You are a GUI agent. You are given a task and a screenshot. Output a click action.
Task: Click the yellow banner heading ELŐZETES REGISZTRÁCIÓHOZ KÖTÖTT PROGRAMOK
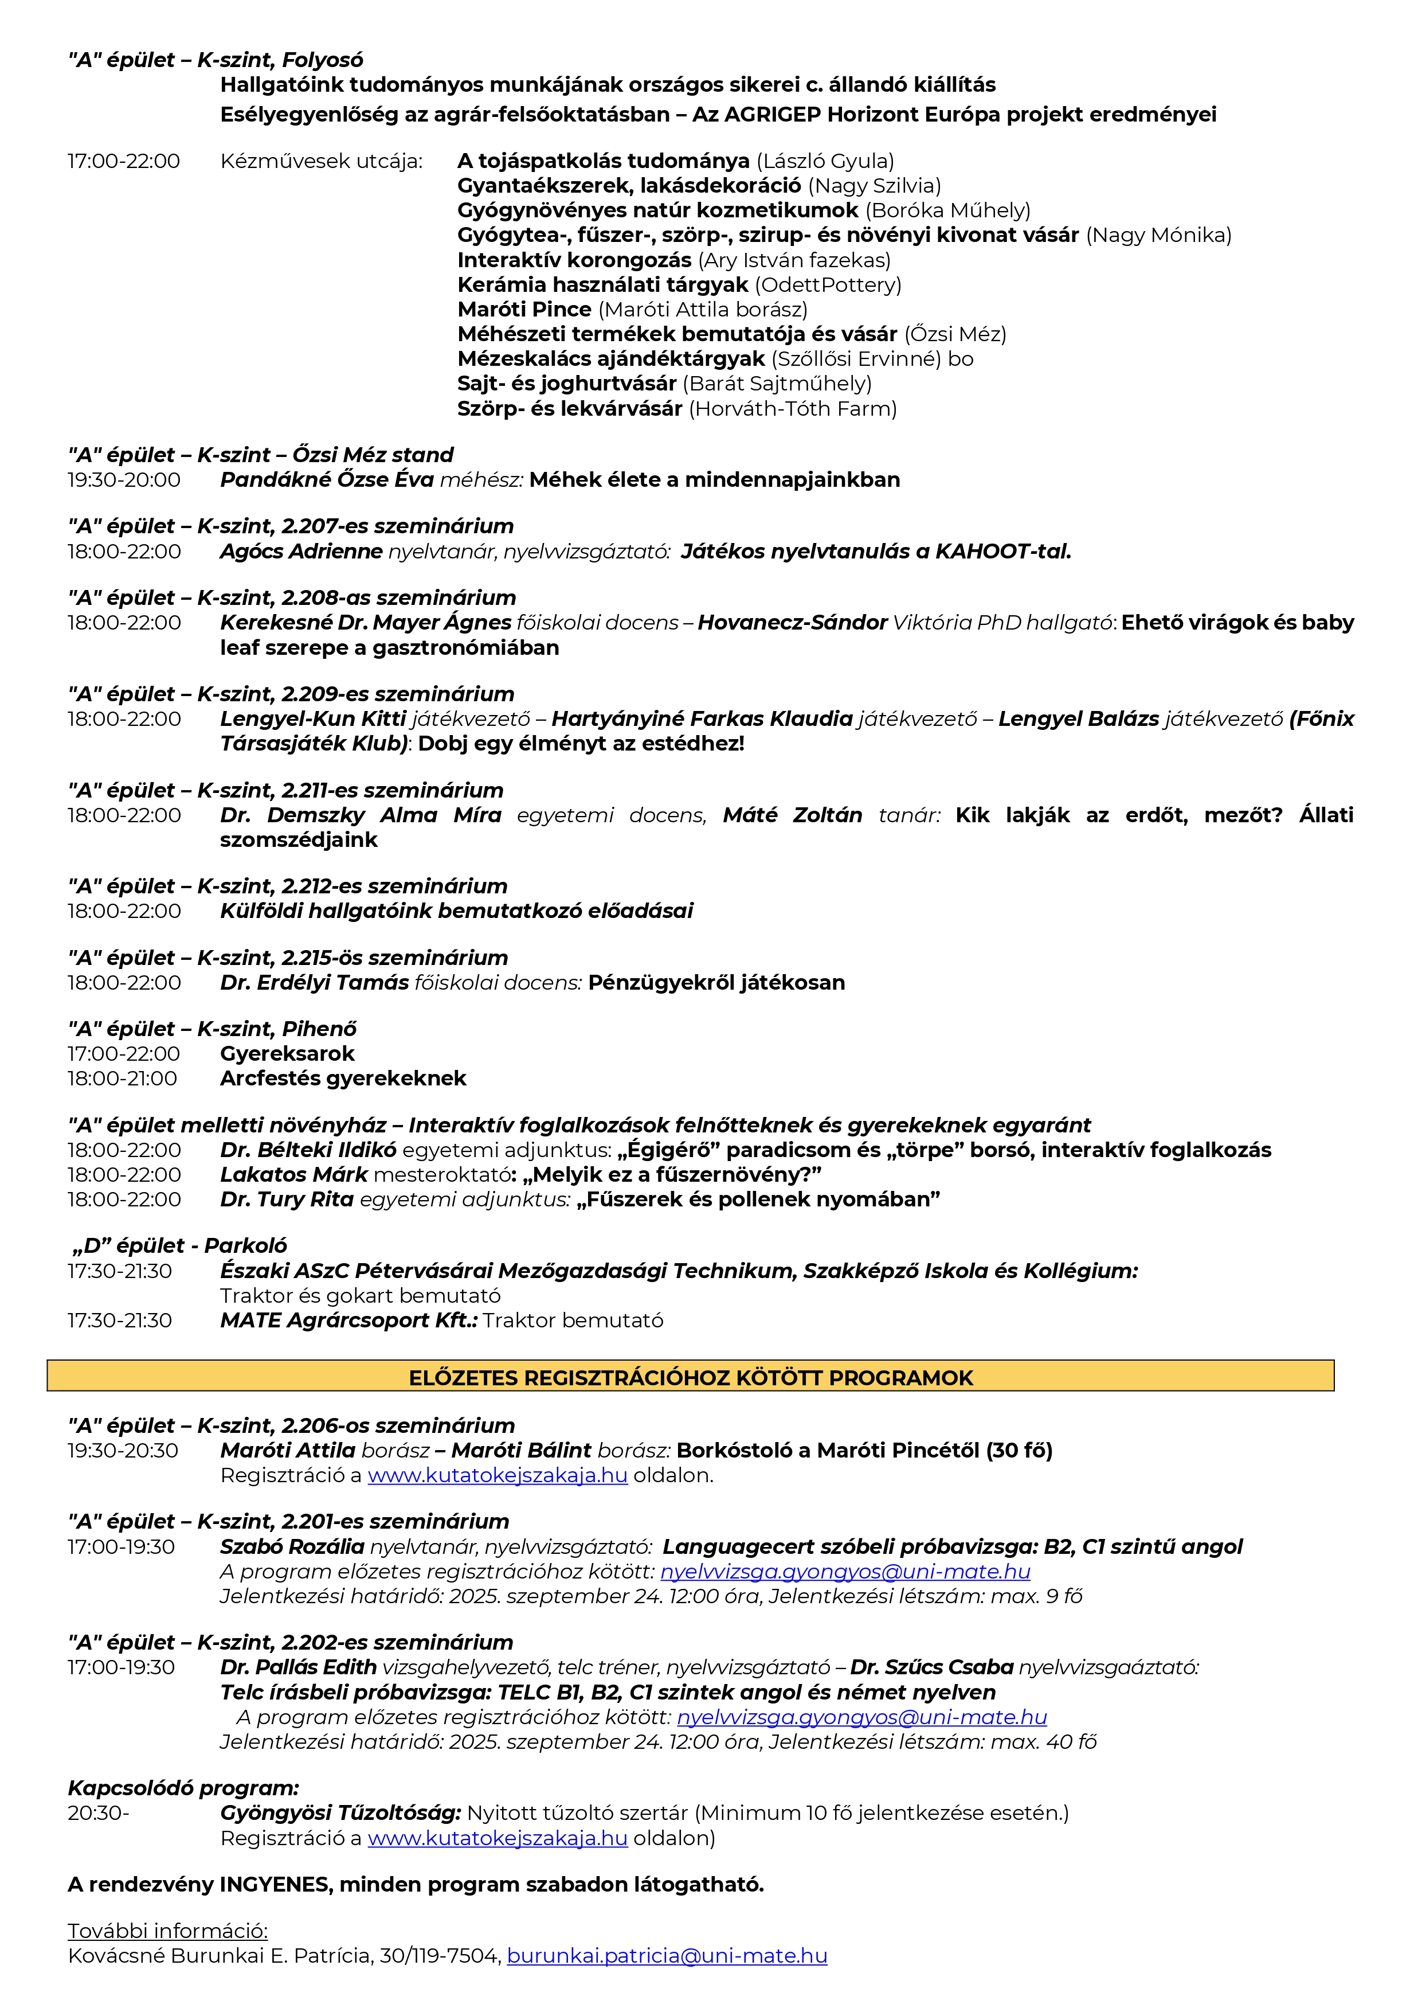(691, 1378)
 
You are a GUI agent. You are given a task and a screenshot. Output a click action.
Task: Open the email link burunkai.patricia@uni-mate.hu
(667, 1955)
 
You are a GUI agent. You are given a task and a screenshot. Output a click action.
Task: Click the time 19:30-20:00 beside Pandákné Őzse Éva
(124, 480)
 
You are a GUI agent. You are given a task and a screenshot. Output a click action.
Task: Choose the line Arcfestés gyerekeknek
(343, 1078)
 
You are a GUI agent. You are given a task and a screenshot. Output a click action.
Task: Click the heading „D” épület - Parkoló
(179, 1245)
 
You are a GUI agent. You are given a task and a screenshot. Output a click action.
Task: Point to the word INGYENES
(275, 1884)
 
